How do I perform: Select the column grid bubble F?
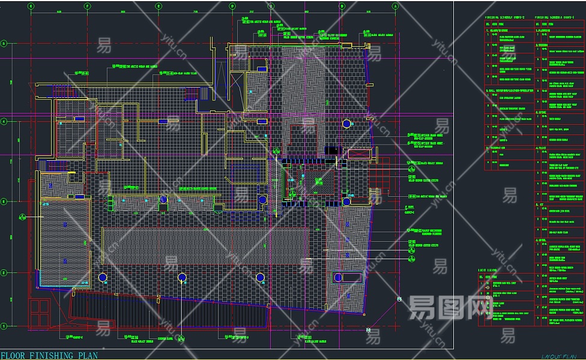click(x=88, y=6)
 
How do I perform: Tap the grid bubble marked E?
click(x=159, y=6)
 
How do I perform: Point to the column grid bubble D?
click(x=232, y=6)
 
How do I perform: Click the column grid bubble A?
click(x=395, y=6)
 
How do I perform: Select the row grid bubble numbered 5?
click(x=4, y=43)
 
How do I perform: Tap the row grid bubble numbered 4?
click(x=4, y=122)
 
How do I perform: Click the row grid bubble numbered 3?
click(x=4, y=202)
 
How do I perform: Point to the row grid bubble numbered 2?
click(x=4, y=273)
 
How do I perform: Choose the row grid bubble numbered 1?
click(x=4, y=326)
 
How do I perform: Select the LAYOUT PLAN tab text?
click(x=558, y=356)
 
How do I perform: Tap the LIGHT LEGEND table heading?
click(x=488, y=271)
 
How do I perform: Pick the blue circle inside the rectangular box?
click(x=338, y=277)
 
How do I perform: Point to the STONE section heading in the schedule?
click(x=543, y=112)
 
